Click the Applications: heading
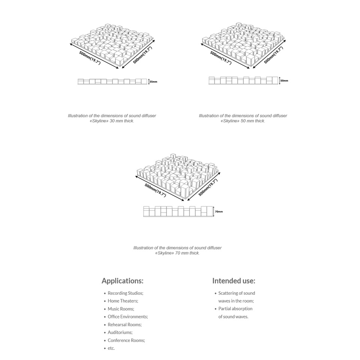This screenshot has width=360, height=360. [x=122, y=281]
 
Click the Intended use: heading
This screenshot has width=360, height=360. [x=234, y=281]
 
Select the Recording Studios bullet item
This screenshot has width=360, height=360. [x=125, y=293]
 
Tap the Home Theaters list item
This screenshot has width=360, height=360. [x=123, y=301]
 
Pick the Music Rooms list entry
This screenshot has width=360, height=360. [x=121, y=309]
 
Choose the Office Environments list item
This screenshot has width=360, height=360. [x=127, y=317]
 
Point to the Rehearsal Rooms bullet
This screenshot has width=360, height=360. [x=124, y=325]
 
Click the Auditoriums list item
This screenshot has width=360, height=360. [x=120, y=333]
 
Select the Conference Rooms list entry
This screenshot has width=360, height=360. [x=126, y=340]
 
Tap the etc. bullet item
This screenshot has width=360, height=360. [x=111, y=348]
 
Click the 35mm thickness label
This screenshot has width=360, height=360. [x=153, y=81]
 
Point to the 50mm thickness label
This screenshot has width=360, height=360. [x=284, y=81]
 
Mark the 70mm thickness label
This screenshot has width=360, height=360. [x=219, y=212]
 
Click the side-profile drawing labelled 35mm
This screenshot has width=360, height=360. [x=112, y=81]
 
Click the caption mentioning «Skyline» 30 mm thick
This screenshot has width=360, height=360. [x=112, y=118]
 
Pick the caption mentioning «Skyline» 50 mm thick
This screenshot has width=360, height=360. [x=243, y=118]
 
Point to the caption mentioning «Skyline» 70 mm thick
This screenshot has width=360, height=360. [x=177, y=250]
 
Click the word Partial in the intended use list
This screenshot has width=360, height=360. [x=225, y=309]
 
